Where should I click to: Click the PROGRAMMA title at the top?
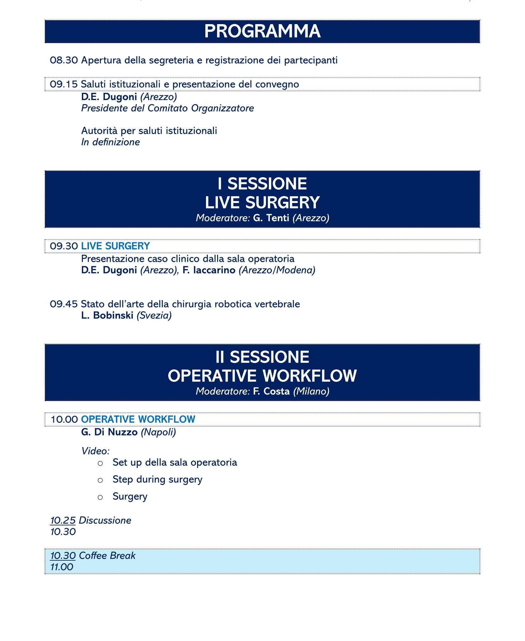(x=262, y=31)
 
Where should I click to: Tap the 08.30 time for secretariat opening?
(x=63, y=60)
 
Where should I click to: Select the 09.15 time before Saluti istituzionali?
(x=63, y=84)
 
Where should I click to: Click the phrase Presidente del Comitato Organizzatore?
(x=167, y=108)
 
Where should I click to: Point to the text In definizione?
(x=110, y=142)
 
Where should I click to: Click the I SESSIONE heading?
(x=262, y=184)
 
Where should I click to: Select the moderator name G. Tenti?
(x=271, y=218)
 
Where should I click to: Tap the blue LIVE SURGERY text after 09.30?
(x=116, y=246)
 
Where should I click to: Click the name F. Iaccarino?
(x=209, y=270)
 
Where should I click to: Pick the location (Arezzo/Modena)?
(x=277, y=270)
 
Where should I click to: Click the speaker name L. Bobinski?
(x=107, y=315)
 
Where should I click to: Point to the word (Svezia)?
(x=154, y=315)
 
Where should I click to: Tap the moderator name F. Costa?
(x=271, y=391)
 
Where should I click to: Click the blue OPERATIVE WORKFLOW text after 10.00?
(x=138, y=419)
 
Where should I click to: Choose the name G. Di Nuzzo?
(x=109, y=432)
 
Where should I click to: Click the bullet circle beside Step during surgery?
(x=100, y=480)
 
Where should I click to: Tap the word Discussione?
(x=105, y=520)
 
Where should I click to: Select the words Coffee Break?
(x=107, y=556)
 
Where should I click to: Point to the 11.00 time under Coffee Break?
(x=62, y=567)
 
